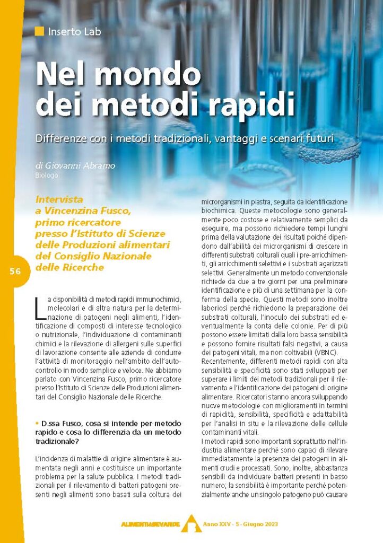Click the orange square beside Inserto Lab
click(x=39, y=31)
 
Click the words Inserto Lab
click(x=74, y=31)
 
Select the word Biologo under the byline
click(x=47, y=174)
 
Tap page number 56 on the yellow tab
click(x=15, y=271)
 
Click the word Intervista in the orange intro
click(x=59, y=200)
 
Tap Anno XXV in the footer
click(x=216, y=524)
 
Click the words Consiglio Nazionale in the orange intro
click(x=101, y=256)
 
